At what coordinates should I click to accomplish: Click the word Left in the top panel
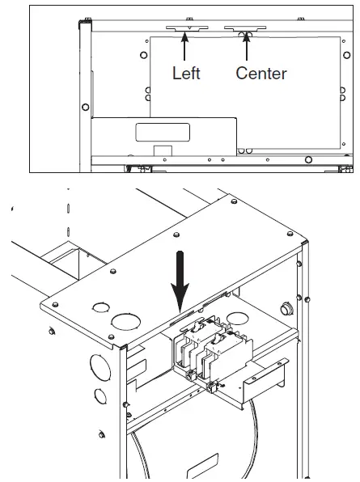tap(186, 73)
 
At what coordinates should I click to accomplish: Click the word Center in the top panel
tap(261, 73)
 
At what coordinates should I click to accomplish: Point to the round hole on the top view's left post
tap(86, 106)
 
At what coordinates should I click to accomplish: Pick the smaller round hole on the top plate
tap(101, 307)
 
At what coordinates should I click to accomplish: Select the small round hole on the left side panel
tap(99, 395)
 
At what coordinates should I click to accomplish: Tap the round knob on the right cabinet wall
tap(285, 308)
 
